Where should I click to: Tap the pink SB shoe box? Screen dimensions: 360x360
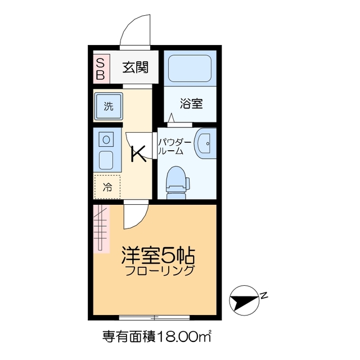tap(100, 68)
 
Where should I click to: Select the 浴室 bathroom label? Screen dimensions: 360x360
tap(191, 103)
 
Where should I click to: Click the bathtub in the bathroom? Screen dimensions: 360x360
tap(191, 69)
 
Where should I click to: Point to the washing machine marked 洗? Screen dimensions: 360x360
tap(107, 106)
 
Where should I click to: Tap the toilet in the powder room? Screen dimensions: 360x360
tap(177, 182)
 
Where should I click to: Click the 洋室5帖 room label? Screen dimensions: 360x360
tap(158, 256)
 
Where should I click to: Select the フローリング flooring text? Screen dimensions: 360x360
tap(160, 271)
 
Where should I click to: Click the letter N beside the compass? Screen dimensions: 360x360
tap(263, 295)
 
